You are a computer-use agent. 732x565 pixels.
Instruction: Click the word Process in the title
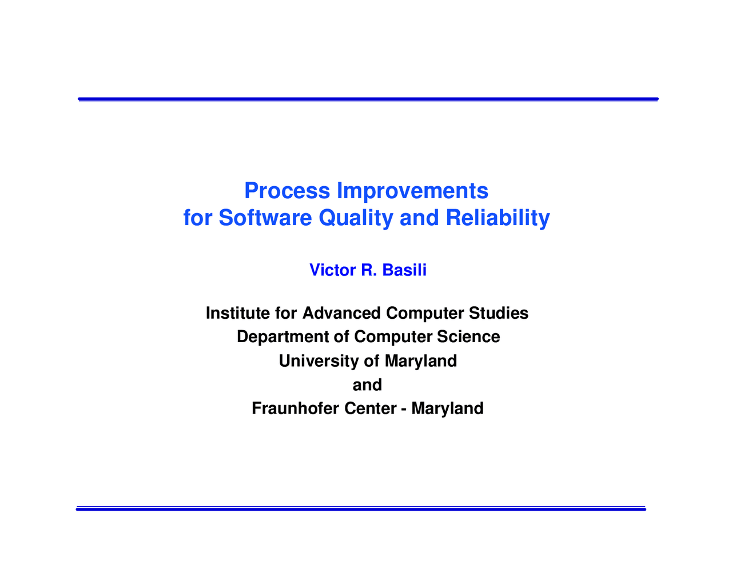287,191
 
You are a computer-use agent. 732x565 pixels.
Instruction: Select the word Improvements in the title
413,191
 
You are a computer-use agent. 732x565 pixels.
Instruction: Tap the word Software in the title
265,218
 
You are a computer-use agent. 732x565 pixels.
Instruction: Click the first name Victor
332,270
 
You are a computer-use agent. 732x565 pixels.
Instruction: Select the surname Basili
404,270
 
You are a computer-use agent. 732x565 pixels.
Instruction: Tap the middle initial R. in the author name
369,270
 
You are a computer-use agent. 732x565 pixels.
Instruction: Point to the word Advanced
341,313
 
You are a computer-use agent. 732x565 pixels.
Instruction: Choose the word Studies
499,313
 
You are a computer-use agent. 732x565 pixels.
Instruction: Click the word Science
468,336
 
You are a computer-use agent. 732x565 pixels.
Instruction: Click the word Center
370,408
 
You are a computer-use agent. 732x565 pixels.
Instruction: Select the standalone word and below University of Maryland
367,385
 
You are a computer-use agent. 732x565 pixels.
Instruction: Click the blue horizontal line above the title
368,99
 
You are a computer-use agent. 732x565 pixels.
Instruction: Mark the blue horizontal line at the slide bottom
361,508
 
